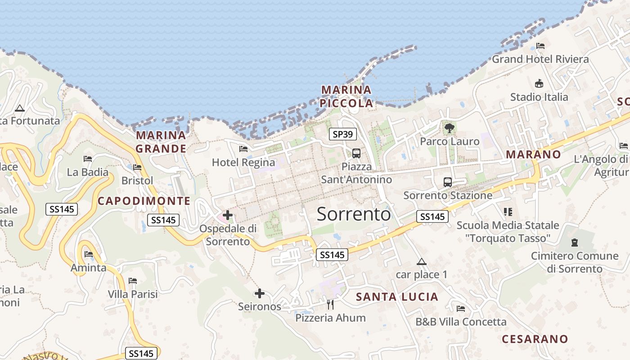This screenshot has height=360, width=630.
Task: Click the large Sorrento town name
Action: tap(354, 214)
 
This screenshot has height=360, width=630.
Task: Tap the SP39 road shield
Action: tap(343, 134)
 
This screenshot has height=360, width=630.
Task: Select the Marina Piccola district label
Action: tap(346, 96)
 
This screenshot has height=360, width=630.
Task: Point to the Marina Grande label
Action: tap(161, 142)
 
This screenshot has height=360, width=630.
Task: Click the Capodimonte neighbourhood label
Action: tap(144, 201)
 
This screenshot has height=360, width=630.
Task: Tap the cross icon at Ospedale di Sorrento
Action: tap(228, 215)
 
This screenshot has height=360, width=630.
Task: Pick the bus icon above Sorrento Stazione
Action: tap(447, 182)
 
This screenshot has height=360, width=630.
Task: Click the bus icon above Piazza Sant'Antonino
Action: tap(356, 153)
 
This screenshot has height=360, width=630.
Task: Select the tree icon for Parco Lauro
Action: tap(449, 128)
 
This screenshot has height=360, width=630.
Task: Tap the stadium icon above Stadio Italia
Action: tap(539, 83)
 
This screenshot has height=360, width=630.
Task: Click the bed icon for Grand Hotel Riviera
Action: tap(540, 46)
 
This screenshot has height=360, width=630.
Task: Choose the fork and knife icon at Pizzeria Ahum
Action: tap(330, 305)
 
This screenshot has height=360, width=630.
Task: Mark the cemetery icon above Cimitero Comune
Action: tap(574, 243)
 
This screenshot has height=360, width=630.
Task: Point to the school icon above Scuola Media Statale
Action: tap(508, 211)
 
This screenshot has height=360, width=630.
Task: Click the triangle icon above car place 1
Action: tap(421, 261)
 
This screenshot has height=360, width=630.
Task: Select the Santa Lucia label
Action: tap(397, 297)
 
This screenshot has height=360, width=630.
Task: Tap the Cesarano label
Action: tap(535, 339)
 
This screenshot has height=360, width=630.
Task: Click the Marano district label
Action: tap(534, 154)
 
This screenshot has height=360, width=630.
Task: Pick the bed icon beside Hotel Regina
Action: tap(243, 149)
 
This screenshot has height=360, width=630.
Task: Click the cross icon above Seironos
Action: tap(259, 294)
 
